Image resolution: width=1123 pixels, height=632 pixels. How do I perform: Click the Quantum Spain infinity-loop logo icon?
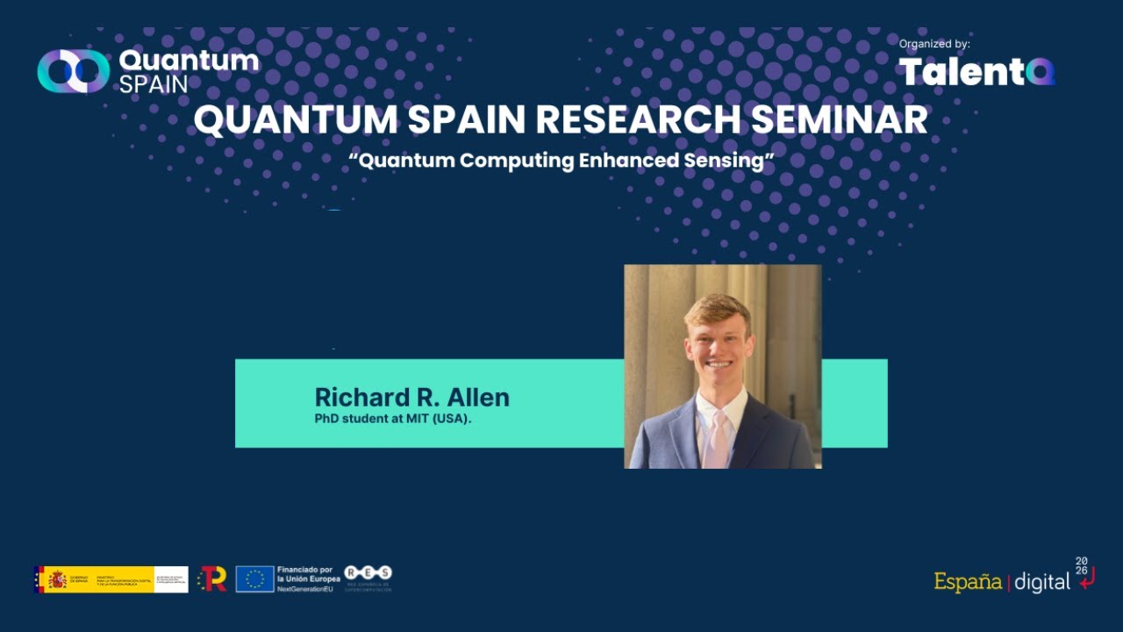pyautogui.click(x=73, y=71)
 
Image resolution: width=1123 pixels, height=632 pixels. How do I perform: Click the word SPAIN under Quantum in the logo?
pyautogui.click(x=153, y=85)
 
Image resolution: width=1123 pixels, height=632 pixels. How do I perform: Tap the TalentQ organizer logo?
pyautogui.click(x=976, y=72)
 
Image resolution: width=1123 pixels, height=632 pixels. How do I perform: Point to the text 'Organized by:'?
pyautogui.click(x=934, y=44)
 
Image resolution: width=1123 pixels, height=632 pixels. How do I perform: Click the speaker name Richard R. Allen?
pyautogui.click(x=411, y=398)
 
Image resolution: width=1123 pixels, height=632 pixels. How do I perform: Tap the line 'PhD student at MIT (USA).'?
pyautogui.click(x=393, y=419)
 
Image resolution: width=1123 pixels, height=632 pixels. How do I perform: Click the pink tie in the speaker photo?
pyautogui.click(x=719, y=438)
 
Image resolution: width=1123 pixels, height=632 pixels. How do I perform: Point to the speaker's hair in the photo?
pyautogui.click(x=718, y=309)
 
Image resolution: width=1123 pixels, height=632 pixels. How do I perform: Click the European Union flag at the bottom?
pyautogui.click(x=254, y=579)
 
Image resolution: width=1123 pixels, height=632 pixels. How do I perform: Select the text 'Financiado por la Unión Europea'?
pyautogui.click(x=308, y=575)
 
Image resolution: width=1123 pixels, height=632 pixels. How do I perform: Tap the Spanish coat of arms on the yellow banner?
pyautogui.click(x=57, y=579)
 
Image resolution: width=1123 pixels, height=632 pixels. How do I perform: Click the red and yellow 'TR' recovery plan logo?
pyautogui.click(x=212, y=578)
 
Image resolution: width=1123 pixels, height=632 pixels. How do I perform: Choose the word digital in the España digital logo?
pyautogui.click(x=1042, y=582)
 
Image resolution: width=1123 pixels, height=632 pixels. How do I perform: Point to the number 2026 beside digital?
pyautogui.click(x=1082, y=565)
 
